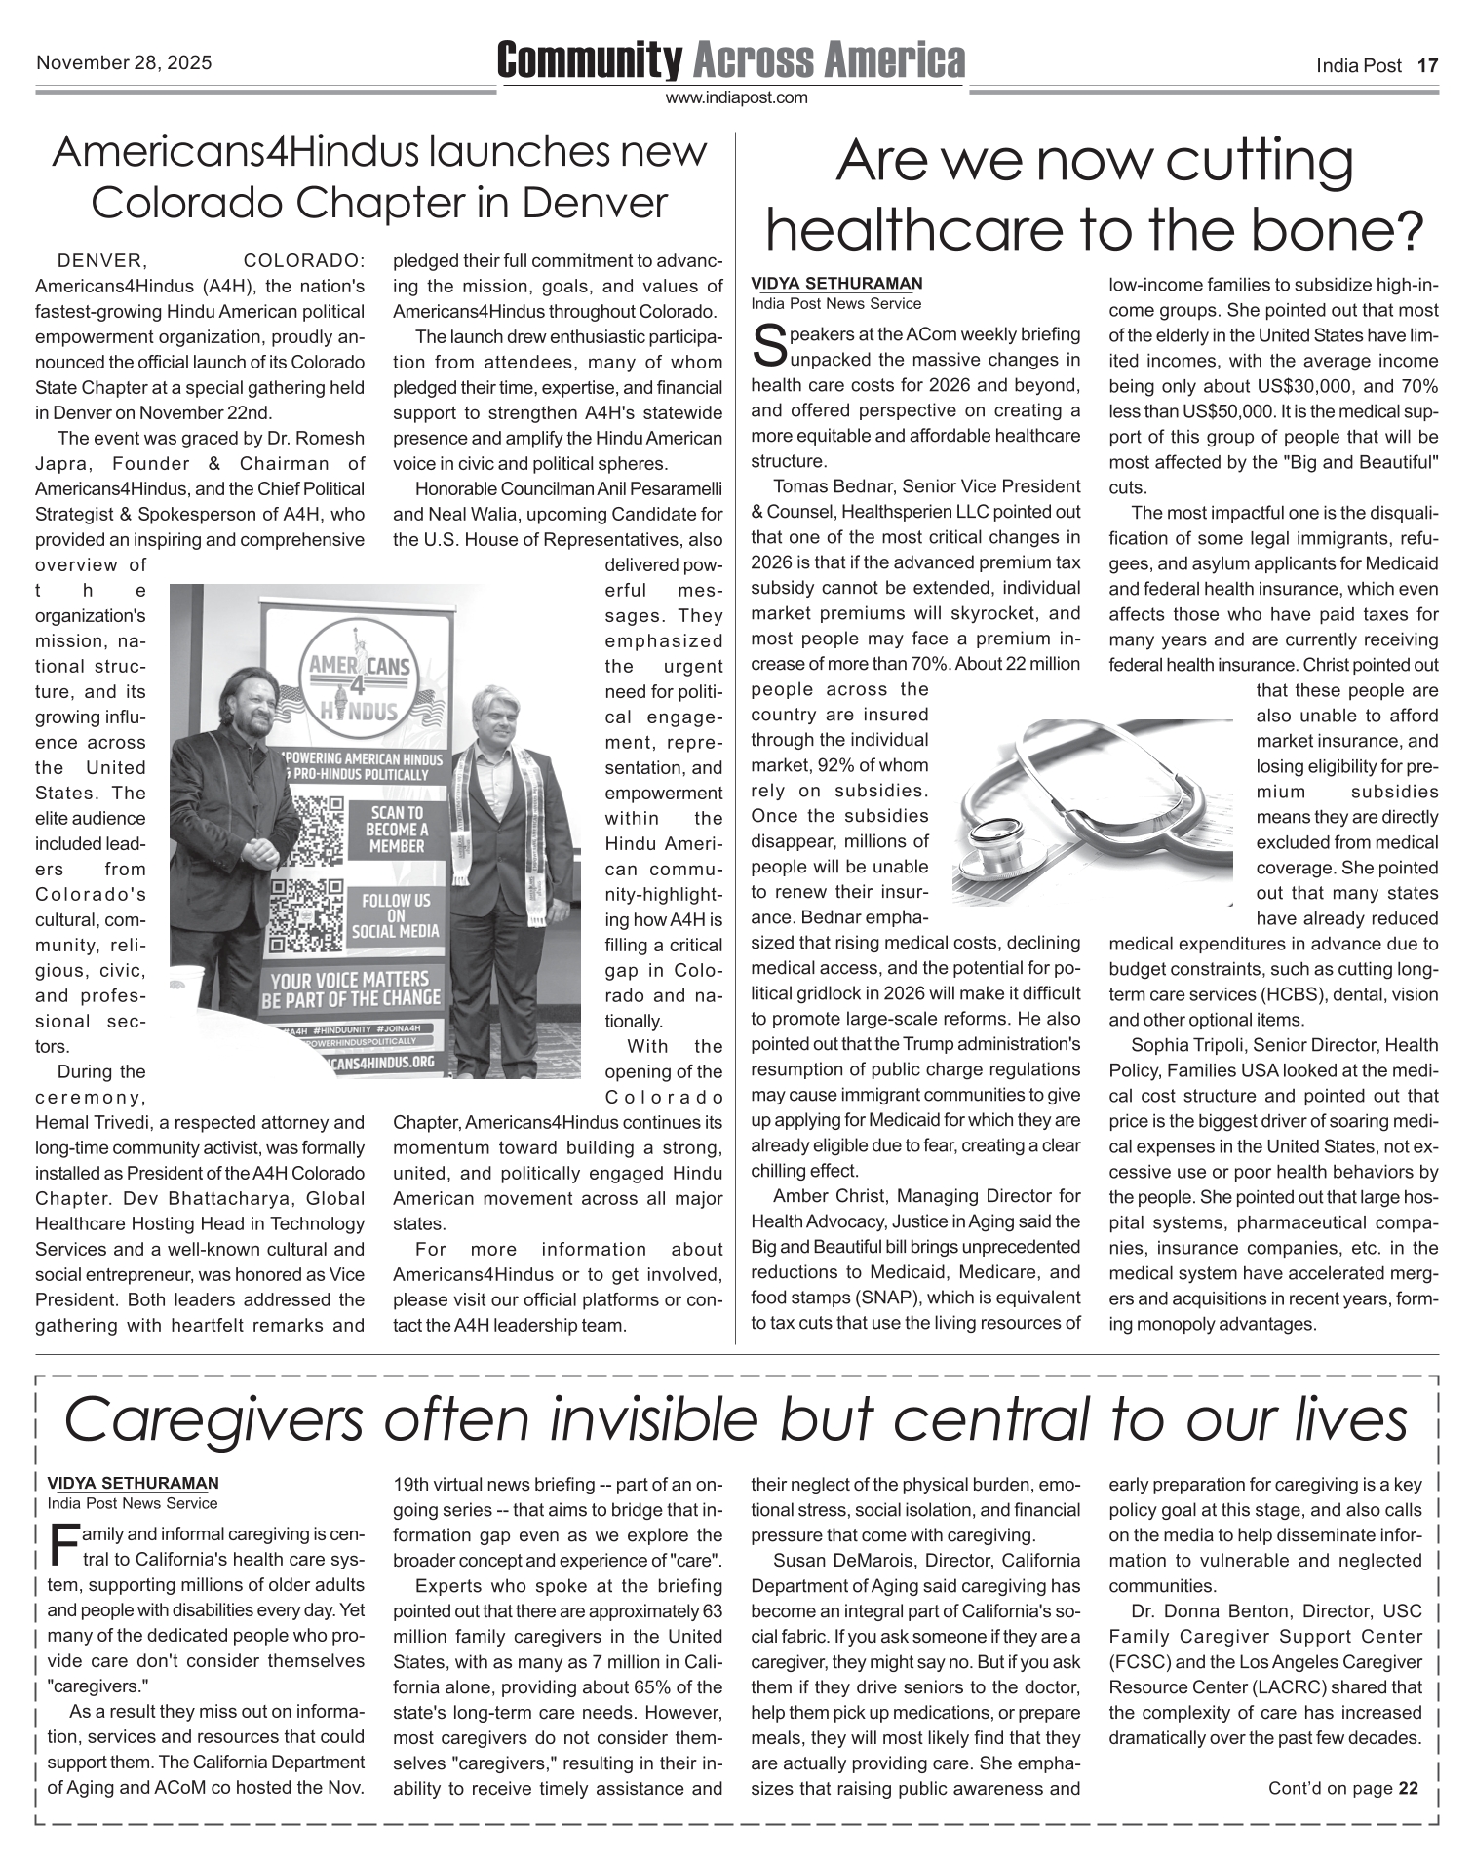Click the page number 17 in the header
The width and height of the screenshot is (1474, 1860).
pos(1427,66)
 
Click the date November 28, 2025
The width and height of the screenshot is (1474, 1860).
pos(124,64)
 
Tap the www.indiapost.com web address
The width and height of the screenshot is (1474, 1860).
pos(736,97)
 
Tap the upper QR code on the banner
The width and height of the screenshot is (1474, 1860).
pos(311,826)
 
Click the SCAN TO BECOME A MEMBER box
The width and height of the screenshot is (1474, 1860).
pos(396,830)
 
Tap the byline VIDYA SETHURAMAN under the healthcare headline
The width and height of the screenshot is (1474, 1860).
pos(835,284)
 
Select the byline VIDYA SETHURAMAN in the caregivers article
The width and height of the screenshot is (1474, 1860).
pos(133,1484)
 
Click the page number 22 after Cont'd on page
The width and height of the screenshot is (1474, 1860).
pos(1408,1788)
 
